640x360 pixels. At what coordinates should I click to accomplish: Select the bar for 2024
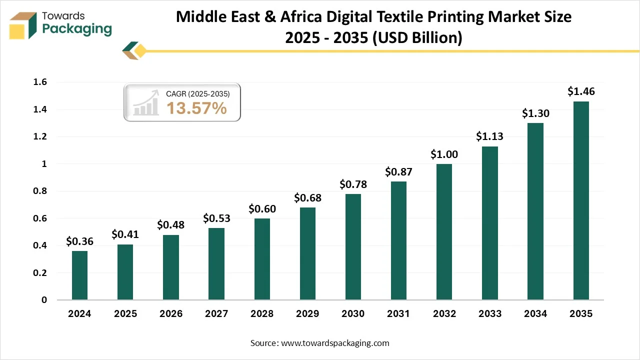79,275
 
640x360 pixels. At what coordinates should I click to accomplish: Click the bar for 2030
353,247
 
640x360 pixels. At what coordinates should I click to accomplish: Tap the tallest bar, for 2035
581,200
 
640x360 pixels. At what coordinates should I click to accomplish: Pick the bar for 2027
216,264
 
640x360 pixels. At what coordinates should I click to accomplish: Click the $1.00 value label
444,154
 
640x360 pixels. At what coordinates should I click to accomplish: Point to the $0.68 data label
307,198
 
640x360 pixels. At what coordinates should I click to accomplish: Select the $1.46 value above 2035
581,91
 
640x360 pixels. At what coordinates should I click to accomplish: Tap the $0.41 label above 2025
125,234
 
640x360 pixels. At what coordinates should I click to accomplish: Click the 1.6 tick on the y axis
40,82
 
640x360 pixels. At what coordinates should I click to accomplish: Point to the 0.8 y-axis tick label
40,191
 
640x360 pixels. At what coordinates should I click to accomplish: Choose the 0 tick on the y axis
44,300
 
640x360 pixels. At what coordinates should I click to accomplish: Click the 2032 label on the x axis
444,314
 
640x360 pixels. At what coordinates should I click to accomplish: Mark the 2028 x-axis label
262,314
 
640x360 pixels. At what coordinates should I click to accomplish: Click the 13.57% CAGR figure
196,108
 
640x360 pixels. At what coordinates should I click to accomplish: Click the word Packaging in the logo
77,29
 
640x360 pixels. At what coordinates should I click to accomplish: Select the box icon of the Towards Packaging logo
23,25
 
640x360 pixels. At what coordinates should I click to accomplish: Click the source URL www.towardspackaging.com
335,343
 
